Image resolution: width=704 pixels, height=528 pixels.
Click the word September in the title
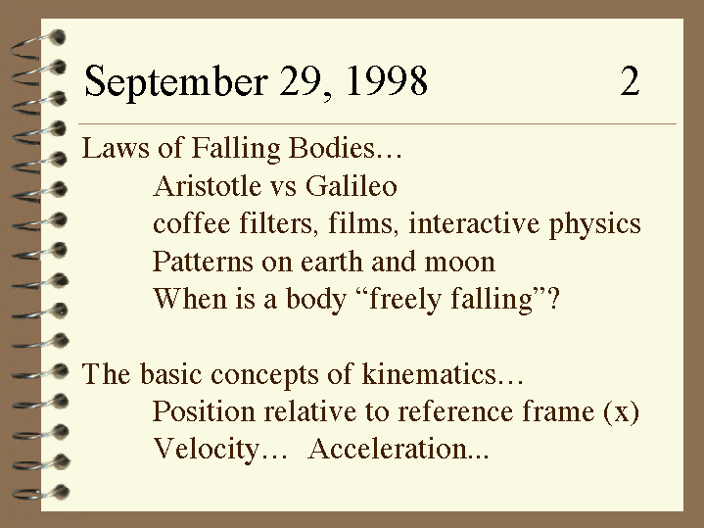[176, 81]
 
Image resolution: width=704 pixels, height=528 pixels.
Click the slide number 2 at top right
[630, 81]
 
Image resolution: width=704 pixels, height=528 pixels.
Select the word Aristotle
[207, 185]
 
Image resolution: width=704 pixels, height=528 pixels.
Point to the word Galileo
[352, 185]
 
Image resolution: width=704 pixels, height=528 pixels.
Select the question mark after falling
[554, 299]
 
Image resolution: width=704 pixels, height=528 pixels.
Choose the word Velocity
[207, 450]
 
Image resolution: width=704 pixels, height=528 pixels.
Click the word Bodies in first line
[331, 148]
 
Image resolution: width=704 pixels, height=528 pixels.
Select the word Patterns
[203, 262]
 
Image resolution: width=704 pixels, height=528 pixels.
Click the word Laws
[116, 148]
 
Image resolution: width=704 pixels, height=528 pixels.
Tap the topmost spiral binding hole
[58, 37]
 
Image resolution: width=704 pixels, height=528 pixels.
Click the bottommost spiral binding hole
[61, 492]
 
